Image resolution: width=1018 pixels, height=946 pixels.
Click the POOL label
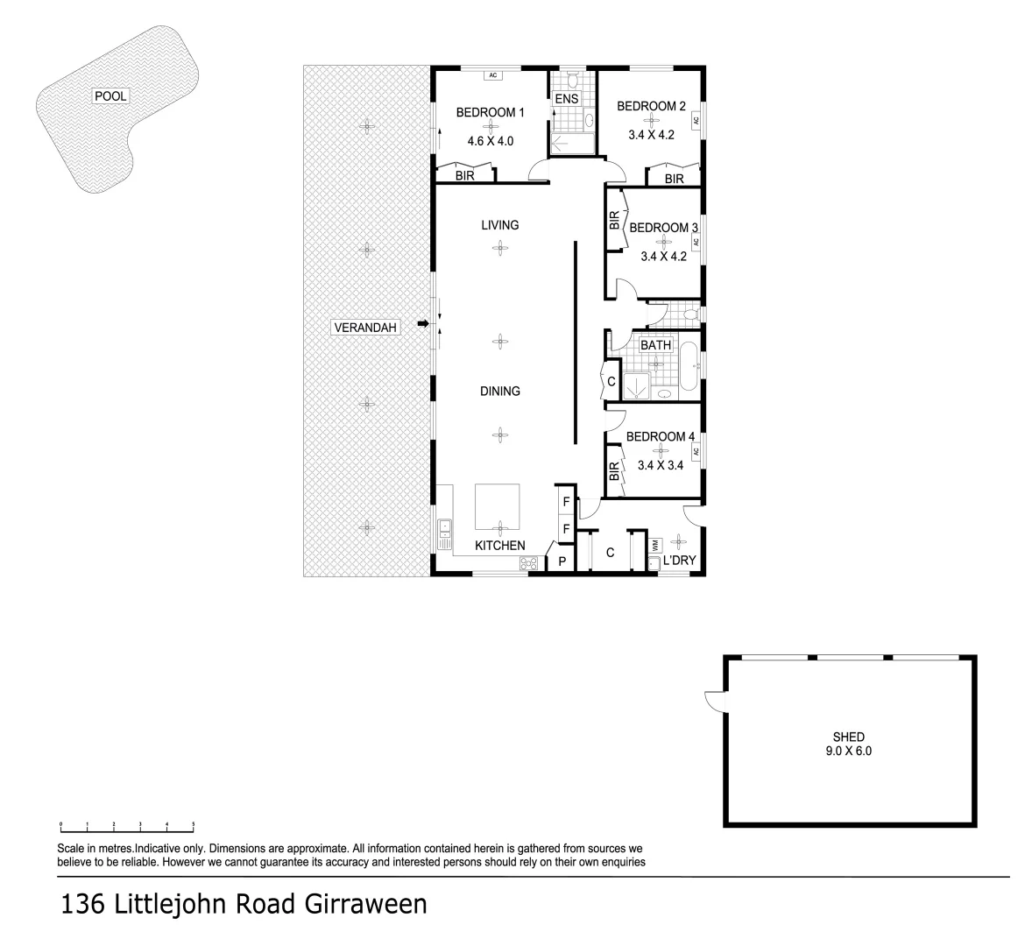tap(110, 96)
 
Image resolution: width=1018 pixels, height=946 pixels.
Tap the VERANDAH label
tap(366, 328)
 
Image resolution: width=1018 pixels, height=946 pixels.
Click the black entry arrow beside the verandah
tap(423, 324)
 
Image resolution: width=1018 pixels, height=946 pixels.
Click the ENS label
tap(567, 99)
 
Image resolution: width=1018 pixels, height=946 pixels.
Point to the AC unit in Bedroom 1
tap(492, 75)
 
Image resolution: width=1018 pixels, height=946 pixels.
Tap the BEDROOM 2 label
tap(651, 106)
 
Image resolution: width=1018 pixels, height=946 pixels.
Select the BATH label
tap(655, 345)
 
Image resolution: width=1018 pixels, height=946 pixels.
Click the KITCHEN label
tap(499, 546)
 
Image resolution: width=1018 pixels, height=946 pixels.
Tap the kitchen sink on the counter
tap(444, 530)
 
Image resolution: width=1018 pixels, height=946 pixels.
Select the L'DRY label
tap(679, 561)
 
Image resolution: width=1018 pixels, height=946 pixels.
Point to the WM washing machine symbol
tap(654, 546)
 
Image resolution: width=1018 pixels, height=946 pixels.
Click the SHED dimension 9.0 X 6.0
tap(848, 751)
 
